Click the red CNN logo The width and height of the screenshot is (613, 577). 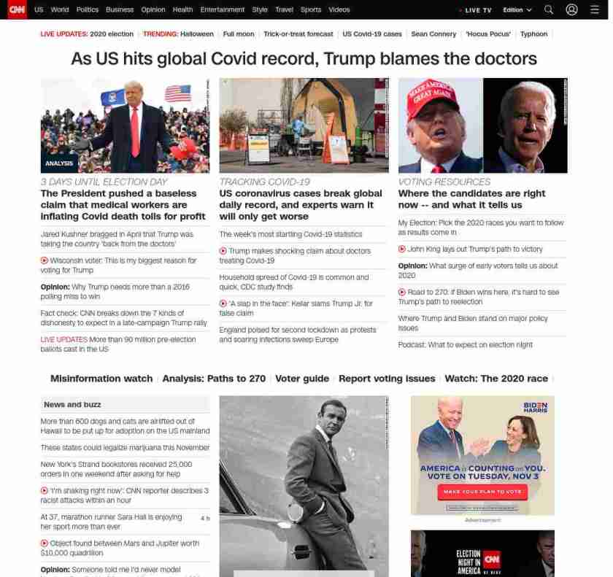coord(17,9)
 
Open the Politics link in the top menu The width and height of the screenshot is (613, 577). coord(88,10)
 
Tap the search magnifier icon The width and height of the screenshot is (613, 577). coord(549,10)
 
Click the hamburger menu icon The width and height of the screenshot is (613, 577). coord(594,10)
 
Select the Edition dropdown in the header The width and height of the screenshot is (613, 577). coord(517,10)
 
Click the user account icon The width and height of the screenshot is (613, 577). coord(571,10)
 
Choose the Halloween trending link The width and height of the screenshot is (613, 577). coord(197,34)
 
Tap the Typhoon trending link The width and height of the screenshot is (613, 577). coord(533,34)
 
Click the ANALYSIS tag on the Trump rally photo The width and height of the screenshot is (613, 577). coord(59,163)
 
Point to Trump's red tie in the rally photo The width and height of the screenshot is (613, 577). coord(134,131)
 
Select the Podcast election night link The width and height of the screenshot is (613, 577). coord(465,345)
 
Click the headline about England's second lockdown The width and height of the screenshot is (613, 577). coord(297,335)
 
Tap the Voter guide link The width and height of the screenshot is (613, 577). coord(302,379)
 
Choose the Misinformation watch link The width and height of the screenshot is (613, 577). coord(101,379)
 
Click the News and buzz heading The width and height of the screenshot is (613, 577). coord(72,404)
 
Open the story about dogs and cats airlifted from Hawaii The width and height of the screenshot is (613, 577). coord(125,426)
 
